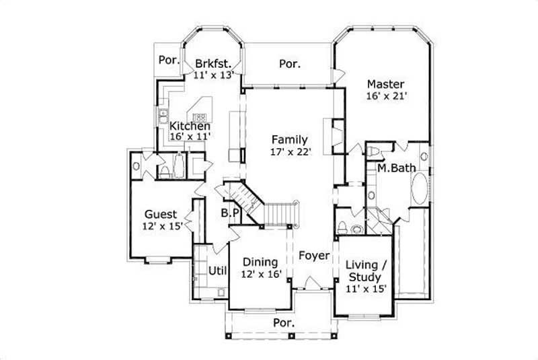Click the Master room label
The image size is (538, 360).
point(385,84)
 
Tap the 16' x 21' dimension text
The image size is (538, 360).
point(387,96)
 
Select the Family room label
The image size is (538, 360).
point(289,140)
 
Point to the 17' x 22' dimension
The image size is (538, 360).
point(289,152)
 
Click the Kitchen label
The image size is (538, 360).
point(190,126)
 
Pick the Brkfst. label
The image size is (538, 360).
point(213,63)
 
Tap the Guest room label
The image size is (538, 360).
point(160,215)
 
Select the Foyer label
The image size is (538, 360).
point(314,256)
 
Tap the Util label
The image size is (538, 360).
point(216,271)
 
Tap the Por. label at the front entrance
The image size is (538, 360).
point(283,324)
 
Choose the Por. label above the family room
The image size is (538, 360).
point(289,64)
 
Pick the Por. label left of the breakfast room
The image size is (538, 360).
point(168,59)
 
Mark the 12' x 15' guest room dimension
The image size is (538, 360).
point(163,227)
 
